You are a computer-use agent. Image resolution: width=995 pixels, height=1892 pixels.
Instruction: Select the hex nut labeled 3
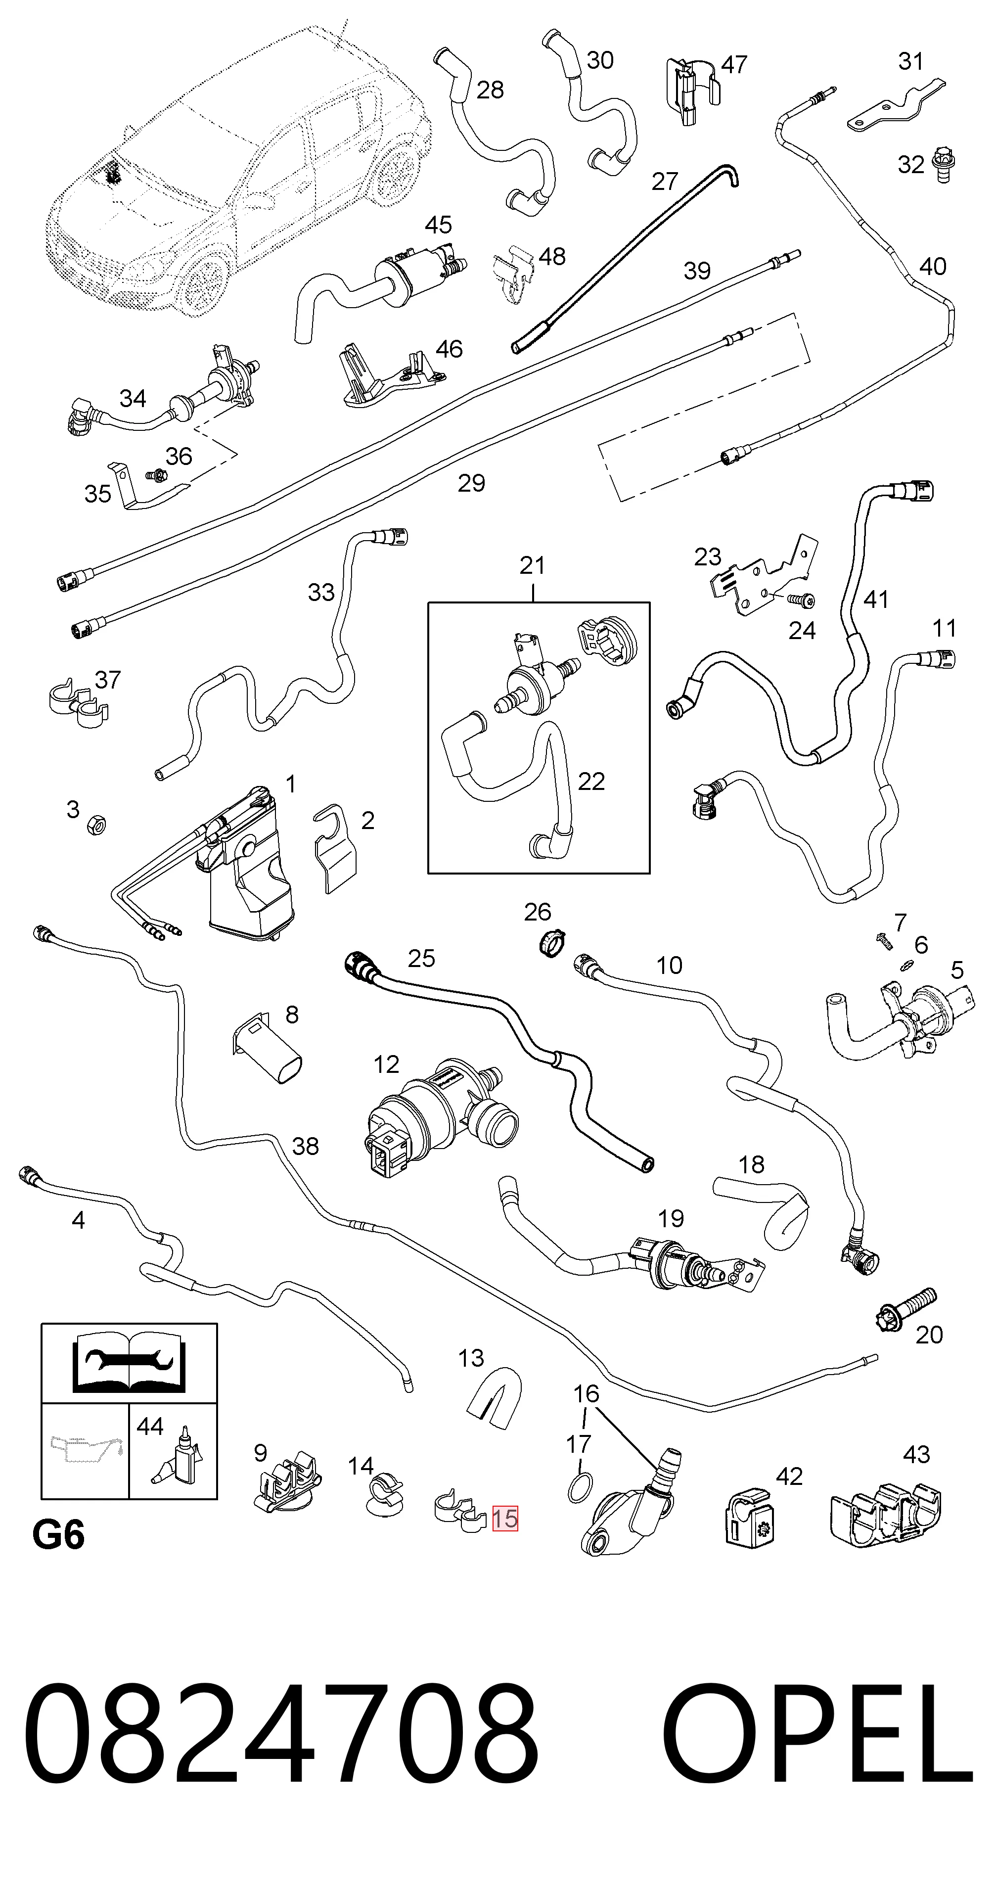tap(95, 826)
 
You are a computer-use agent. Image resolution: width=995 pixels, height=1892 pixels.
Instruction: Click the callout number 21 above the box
tap(533, 565)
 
